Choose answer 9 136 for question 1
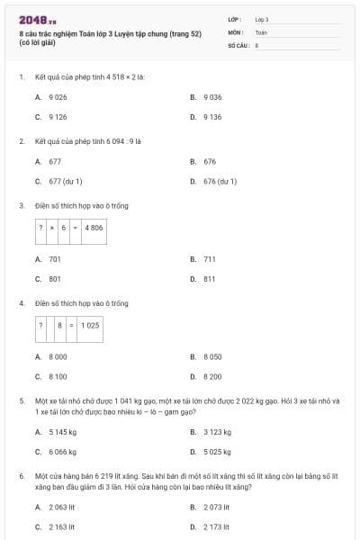212,116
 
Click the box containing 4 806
94,229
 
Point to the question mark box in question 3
40,229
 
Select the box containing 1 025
90,326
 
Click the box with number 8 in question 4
60,326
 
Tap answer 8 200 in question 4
212,376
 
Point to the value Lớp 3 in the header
261,19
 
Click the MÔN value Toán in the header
260,31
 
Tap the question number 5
21,400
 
